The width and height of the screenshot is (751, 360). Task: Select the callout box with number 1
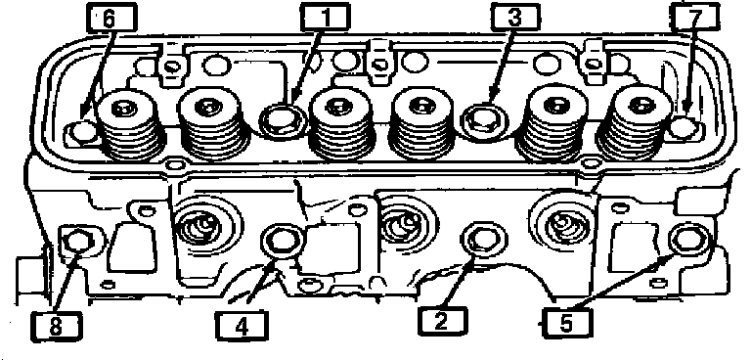[326, 18]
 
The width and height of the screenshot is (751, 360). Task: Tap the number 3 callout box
[514, 18]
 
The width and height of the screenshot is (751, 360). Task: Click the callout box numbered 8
[56, 326]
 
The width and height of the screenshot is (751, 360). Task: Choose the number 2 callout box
[441, 320]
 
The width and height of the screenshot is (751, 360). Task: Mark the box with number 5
[565, 323]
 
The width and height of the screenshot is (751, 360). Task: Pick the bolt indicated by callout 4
[283, 241]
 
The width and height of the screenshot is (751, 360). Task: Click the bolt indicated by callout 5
[689, 239]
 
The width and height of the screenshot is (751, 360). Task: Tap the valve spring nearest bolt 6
[128, 125]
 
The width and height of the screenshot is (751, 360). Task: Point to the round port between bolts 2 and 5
[562, 219]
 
